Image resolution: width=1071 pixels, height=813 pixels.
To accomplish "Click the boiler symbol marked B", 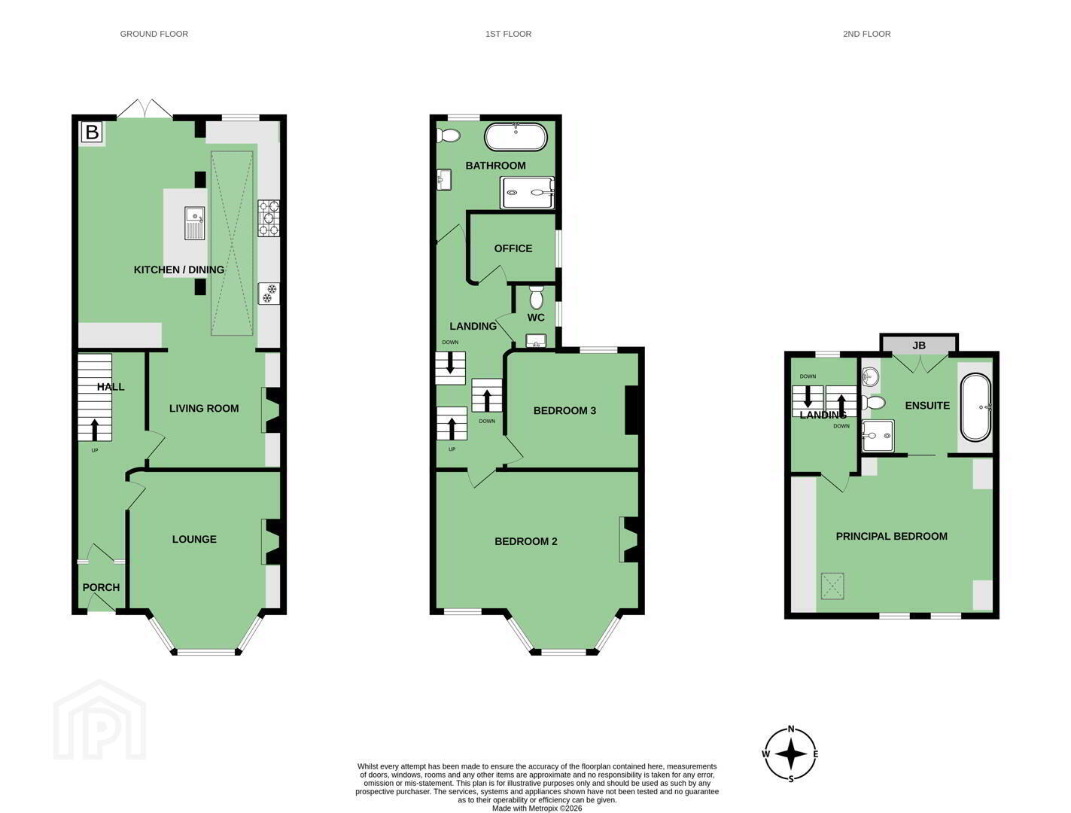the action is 92,132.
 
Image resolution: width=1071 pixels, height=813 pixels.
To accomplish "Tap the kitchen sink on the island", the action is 194,223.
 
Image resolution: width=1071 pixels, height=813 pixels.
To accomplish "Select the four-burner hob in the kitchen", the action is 269,218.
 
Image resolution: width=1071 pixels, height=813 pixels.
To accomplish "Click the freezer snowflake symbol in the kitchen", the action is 269,294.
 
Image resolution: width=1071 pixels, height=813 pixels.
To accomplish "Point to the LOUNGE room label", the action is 194,539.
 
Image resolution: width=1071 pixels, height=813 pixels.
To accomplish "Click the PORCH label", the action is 101,587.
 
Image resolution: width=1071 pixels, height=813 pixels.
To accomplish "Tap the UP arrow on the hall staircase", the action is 95,429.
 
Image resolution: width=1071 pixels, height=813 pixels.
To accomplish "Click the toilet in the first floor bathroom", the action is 449,135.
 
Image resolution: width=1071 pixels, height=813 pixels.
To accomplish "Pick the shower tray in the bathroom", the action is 527,192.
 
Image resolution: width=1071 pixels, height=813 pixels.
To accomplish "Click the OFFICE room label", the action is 513,248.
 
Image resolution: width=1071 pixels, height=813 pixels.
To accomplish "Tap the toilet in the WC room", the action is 536,297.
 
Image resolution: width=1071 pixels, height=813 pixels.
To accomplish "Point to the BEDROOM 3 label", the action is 564,410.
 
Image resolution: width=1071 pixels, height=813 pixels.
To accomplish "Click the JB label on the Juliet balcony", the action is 919,346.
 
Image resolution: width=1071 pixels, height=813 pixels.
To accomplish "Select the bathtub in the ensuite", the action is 975,407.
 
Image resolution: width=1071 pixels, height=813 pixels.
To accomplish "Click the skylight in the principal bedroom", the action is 832,585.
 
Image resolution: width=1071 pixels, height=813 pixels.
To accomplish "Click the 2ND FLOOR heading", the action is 866,34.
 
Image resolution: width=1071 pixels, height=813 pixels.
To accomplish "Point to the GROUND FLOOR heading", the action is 154,34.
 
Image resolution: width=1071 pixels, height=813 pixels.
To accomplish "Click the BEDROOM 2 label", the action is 525,541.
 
